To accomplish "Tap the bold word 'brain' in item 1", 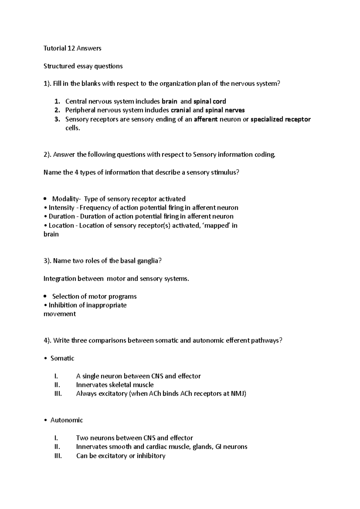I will (x=169, y=101).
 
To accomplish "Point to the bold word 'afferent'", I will (x=206, y=119).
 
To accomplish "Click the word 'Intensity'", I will (x=61, y=208).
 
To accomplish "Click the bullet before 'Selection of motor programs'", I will (x=45, y=296).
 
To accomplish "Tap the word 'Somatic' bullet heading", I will (x=62, y=358).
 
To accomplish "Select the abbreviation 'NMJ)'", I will (x=238, y=394).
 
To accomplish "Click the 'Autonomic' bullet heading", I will (x=67, y=420).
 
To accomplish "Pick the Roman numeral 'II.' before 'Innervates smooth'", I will (x=57, y=447).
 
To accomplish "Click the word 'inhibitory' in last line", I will (x=151, y=456).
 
